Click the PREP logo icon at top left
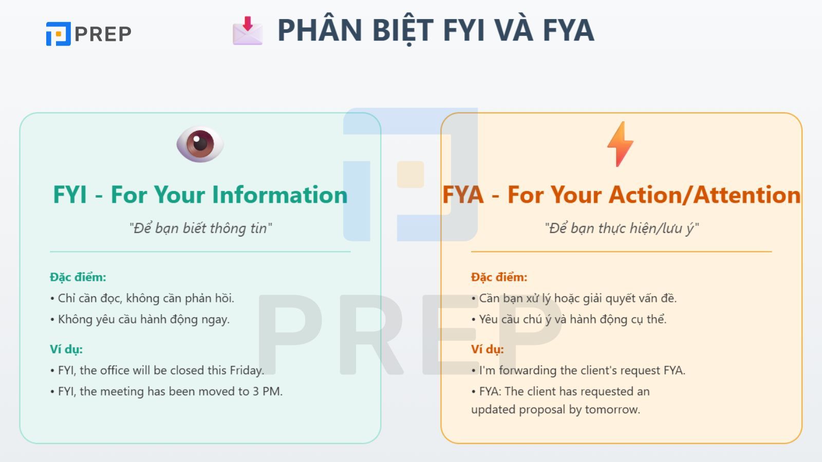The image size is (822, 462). [x=58, y=34]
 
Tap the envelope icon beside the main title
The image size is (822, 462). [x=247, y=30]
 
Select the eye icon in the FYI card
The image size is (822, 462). [x=200, y=144]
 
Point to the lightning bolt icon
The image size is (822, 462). [x=620, y=144]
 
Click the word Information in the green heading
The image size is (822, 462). [x=280, y=195]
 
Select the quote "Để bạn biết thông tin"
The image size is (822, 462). [x=200, y=228]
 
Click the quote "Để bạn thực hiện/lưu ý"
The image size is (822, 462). [x=622, y=228]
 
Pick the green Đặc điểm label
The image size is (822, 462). [x=78, y=277]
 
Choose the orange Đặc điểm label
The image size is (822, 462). [x=499, y=277]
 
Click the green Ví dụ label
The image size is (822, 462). [x=66, y=350]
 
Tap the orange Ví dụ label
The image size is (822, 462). [x=487, y=350]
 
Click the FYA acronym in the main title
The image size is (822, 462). [x=568, y=30]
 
